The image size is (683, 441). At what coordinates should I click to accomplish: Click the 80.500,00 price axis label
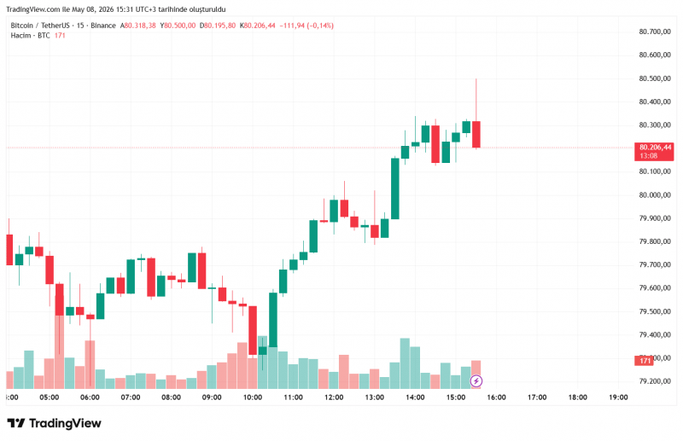655,78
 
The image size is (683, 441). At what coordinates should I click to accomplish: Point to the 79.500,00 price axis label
655,311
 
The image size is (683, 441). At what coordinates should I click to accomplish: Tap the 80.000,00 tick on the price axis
655,195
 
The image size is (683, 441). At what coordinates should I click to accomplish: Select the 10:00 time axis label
253,397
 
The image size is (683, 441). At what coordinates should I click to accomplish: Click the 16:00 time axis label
496,397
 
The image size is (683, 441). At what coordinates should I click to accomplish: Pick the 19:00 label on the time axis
618,397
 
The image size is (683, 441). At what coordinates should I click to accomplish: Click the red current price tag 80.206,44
654,152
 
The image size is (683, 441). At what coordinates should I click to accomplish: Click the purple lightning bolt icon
476,381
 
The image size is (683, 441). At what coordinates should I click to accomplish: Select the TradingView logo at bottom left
55,423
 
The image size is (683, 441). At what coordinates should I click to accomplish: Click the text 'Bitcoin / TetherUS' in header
40,26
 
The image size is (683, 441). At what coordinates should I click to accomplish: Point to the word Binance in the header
103,26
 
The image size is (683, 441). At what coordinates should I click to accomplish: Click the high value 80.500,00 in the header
179,26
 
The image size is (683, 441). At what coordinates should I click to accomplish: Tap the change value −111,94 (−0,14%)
306,26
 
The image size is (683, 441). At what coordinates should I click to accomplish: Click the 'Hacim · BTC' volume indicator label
31,36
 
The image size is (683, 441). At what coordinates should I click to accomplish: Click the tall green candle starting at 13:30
395,189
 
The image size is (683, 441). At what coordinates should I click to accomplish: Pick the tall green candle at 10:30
273,320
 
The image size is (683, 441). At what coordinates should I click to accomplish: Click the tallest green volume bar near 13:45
405,363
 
